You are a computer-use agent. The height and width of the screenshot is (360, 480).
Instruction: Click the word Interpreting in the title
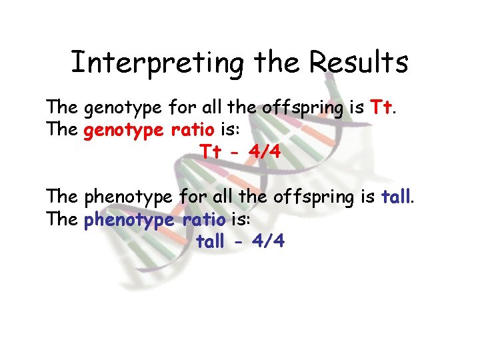click(157, 63)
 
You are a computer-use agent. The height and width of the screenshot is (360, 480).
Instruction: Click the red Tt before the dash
click(211, 152)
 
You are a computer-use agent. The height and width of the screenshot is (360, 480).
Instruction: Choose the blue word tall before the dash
click(210, 241)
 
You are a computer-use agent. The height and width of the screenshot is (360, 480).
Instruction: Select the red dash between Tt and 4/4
click(234, 153)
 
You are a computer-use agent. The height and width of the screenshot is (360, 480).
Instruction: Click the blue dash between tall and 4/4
click(238, 242)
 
